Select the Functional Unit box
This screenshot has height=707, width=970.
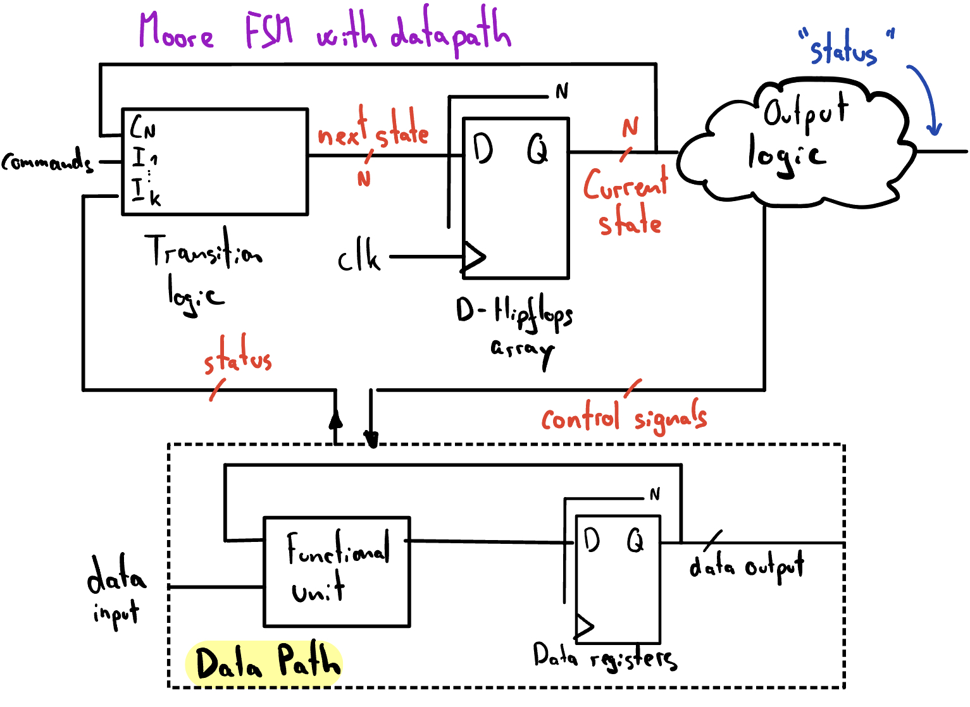[337, 572]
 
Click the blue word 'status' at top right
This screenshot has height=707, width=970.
[843, 49]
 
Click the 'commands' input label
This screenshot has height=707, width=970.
[47, 162]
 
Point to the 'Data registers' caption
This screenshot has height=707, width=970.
[604, 658]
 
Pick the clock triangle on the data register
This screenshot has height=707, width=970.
[584, 627]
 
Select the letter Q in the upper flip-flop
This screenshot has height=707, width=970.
[537, 151]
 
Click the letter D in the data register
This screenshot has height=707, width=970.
[591, 541]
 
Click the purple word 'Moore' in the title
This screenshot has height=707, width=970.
[176, 32]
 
